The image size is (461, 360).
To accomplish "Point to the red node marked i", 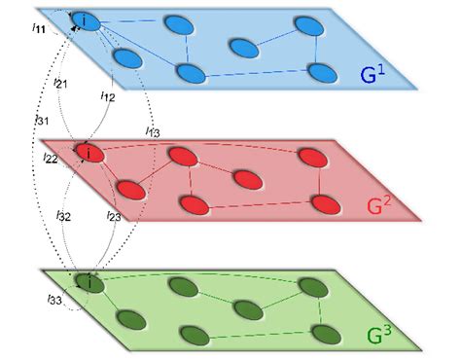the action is [88, 153].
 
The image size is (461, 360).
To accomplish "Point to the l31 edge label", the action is [41, 120].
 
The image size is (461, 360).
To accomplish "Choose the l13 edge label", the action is [153, 130].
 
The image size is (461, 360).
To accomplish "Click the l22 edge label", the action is [51, 157].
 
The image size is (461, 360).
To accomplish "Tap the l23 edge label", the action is [112, 218].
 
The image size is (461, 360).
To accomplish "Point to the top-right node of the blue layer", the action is [311, 24].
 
